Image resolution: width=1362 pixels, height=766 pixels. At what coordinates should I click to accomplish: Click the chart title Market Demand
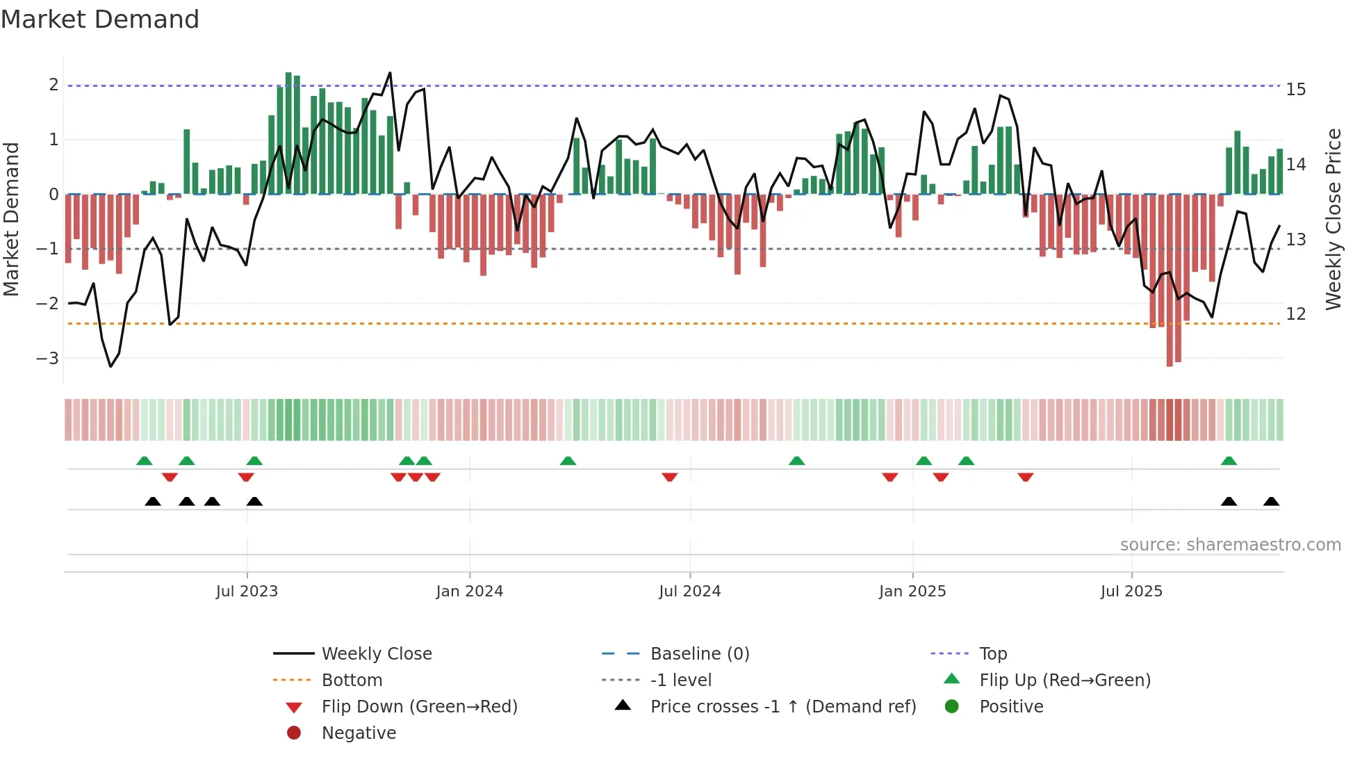pyautogui.click(x=100, y=19)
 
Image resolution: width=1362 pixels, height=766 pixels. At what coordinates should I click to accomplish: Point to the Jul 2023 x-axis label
pyautogui.click(x=247, y=592)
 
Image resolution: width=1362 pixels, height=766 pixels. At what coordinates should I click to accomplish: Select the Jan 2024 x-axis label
pyautogui.click(x=469, y=592)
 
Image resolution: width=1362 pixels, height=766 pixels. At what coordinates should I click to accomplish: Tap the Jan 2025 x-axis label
pyautogui.click(x=912, y=592)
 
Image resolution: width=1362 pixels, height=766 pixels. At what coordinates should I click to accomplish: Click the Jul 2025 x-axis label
pyautogui.click(x=1131, y=592)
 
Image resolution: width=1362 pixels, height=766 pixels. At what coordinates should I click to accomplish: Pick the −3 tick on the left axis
pyautogui.click(x=47, y=359)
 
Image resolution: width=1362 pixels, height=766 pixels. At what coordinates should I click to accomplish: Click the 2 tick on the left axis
pyautogui.click(x=54, y=85)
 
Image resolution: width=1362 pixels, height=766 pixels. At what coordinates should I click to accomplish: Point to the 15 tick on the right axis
pyautogui.click(x=1296, y=90)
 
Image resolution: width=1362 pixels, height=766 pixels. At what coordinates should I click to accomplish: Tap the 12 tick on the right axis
pyautogui.click(x=1296, y=314)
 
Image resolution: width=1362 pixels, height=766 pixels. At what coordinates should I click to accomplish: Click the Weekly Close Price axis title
pyautogui.click(x=1333, y=219)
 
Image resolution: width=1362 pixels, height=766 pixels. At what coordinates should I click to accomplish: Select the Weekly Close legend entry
pyautogui.click(x=377, y=654)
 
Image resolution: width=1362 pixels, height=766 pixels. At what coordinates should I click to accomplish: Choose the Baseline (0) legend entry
pyautogui.click(x=700, y=654)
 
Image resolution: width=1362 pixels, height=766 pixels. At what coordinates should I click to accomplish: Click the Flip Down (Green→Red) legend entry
pyautogui.click(x=419, y=707)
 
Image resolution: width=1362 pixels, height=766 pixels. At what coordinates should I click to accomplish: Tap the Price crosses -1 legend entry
pyautogui.click(x=782, y=707)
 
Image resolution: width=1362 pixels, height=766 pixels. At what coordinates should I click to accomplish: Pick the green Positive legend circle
pyautogui.click(x=952, y=707)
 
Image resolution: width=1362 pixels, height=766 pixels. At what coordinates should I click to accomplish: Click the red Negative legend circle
pyautogui.click(x=294, y=733)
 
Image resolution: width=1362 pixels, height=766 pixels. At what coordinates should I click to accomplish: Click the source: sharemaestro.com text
pyautogui.click(x=1230, y=545)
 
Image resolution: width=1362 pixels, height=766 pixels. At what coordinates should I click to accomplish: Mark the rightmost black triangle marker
pyautogui.click(x=1271, y=502)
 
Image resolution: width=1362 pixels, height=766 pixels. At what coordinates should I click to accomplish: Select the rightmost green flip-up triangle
pyautogui.click(x=1229, y=461)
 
